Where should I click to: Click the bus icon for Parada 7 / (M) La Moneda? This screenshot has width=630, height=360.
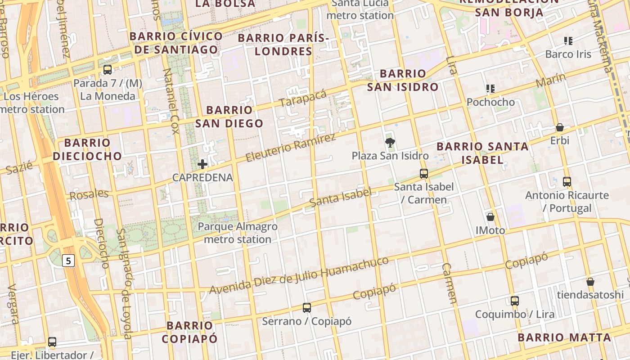coord(108,70)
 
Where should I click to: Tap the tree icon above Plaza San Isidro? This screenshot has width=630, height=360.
coord(390,143)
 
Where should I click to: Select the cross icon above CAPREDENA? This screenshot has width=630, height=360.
coord(202,164)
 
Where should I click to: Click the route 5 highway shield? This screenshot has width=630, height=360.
coord(68,260)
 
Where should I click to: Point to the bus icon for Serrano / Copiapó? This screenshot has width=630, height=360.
coord(307,308)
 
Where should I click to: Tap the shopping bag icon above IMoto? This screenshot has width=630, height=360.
coord(490,217)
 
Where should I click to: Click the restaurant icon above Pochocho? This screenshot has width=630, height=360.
coord(490,89)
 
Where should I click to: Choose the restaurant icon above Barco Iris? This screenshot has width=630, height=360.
coord(568,41)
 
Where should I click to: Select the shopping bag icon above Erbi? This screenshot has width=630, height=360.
coord(560,127)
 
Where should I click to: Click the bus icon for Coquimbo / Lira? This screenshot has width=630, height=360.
coord(515,301)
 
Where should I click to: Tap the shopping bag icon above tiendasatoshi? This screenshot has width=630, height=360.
coord(590,282)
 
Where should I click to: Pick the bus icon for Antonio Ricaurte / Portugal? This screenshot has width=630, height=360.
coord(567,182)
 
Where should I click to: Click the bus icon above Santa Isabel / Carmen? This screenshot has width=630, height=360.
coord(423,173)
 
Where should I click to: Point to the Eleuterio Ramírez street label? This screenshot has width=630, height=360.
coord(291,148)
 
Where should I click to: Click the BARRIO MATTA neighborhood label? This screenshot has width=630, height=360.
coord(564,337)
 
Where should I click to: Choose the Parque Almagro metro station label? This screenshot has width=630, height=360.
coord(238,233)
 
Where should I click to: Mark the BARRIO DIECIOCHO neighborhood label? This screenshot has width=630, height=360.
coord(87,149)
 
